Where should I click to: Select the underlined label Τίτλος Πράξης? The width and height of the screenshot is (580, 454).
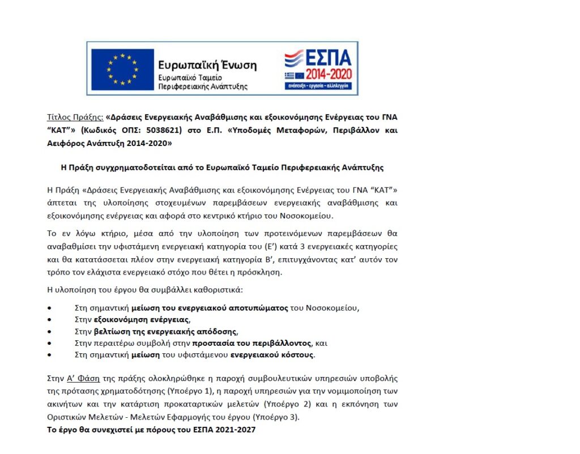75,118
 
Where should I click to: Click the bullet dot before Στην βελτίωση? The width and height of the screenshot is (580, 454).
50,332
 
